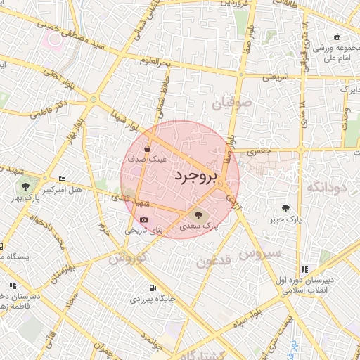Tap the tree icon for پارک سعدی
tap(196, 214)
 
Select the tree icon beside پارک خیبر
tap(285, 207)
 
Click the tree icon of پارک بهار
tap(26, 187)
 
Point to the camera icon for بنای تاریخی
tap(143, 219)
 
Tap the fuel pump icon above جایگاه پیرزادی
tap(153, 288)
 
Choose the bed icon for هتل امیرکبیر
tap(62, 179)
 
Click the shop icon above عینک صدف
tap(146, 148)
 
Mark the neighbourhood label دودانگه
tap(328, 187)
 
